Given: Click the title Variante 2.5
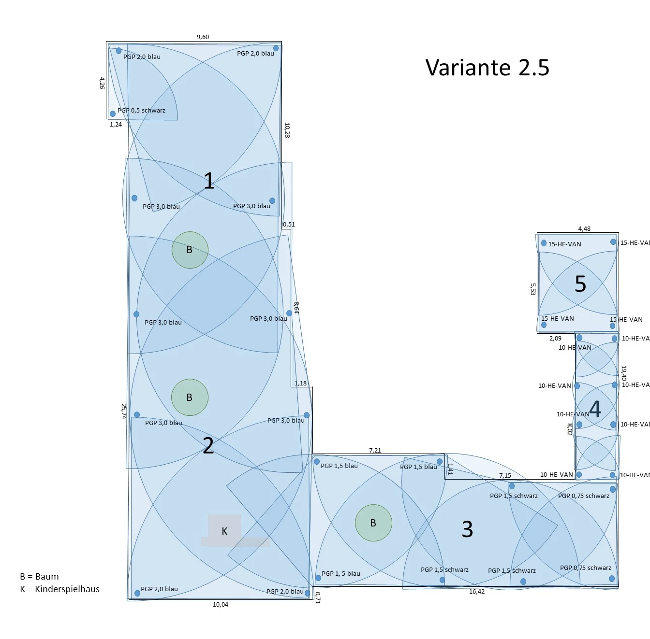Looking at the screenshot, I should [487, 68].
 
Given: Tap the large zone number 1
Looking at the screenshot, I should [208, 181].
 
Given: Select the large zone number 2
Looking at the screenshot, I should [208, 446].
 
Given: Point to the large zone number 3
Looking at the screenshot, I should [467, 529].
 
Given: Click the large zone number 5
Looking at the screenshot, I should [580, 284].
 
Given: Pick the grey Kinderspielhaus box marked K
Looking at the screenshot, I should [225, 530].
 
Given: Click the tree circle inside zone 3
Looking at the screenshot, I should [373, 523].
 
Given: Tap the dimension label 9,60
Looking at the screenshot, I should [203, 37].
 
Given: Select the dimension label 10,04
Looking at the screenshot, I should [221, 605].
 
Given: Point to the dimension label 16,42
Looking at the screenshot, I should [476, 592].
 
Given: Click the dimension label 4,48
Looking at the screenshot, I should [584, 229].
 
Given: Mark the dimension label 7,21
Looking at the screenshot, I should [375, 451].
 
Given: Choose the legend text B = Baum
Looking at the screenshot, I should [39, 577].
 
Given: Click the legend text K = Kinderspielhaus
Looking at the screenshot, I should [59, 589].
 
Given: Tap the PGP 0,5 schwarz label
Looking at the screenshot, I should [141, 111].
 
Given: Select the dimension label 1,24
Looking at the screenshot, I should [116, 125].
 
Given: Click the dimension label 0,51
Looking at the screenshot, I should [289, 225].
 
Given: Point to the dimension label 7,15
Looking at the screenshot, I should [505, 476].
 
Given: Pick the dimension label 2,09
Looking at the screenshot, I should [555, 339].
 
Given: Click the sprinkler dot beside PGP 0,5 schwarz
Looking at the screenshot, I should [113, 114].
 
